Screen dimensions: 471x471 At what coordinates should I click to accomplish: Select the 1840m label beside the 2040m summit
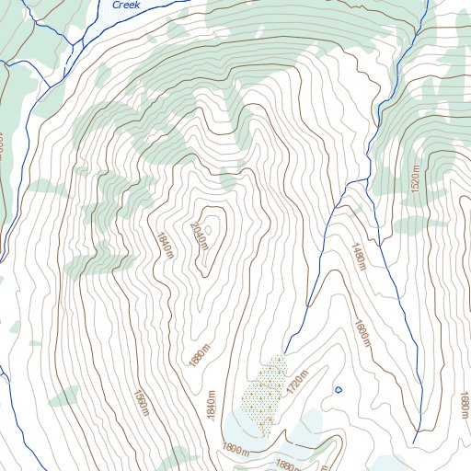[x=167, y=245]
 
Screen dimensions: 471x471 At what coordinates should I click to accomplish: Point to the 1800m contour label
[x=235, y=449]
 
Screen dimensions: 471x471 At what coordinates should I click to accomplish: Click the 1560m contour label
[x=141, y=401]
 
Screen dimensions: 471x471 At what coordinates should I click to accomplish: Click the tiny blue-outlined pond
[x=338, y=389]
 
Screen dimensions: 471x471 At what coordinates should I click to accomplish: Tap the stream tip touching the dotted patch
[x=282, y=353]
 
